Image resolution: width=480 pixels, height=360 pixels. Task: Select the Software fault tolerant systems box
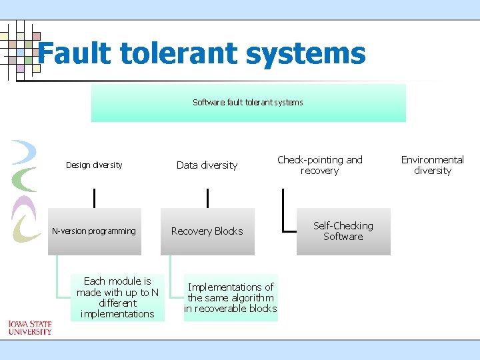coord(248,103)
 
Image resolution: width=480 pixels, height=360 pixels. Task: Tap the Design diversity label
coord(94,165)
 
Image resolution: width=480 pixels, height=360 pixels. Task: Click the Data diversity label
coord(207,165)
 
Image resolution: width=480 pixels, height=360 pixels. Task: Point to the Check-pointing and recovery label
coord(319,165)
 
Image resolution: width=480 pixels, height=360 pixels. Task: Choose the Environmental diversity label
coord(432,165)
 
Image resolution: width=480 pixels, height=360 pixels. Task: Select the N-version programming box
coord(94,231)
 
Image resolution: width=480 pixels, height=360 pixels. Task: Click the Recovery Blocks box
coord(207,231)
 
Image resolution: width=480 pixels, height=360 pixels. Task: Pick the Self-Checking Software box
coord(343,231)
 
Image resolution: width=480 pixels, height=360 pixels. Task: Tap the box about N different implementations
coord(117,297)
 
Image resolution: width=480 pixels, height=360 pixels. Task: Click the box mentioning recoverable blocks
coord(230,297)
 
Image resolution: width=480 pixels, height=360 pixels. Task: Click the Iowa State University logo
coord(29,327)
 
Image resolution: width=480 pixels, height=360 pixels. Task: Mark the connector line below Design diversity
coord(94,198)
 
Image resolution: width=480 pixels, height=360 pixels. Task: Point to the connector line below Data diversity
coord(207,198)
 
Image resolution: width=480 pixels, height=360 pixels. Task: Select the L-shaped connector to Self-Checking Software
coord(284,213)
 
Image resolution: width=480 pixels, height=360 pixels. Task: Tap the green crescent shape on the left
coord(25,179)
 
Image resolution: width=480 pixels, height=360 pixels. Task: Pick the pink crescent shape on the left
coord(23,205)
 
